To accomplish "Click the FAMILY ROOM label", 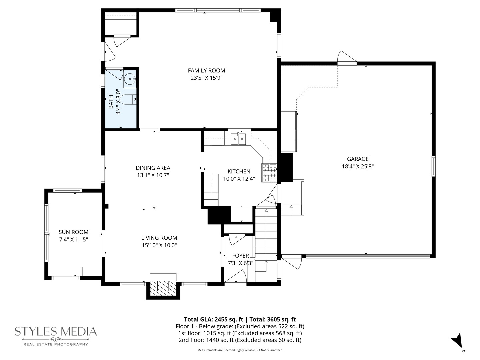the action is tap(206, 71).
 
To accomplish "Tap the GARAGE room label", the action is tap(358, 159).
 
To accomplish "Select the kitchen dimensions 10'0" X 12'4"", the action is tap(239, 179).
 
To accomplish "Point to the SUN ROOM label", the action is tap(73, 232).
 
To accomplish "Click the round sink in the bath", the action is tap(130, 79).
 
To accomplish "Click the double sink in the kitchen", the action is tap(238, 139).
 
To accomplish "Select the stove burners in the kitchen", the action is tap(269, 173).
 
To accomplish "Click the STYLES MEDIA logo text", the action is tap(56, 332).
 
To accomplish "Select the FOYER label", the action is tap(240, 256).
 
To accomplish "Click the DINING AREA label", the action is tap(153, 168).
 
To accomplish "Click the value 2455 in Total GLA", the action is tap(222, 319).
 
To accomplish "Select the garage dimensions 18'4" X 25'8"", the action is tap(358, 166).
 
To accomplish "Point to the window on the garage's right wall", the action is tap(433, 166).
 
